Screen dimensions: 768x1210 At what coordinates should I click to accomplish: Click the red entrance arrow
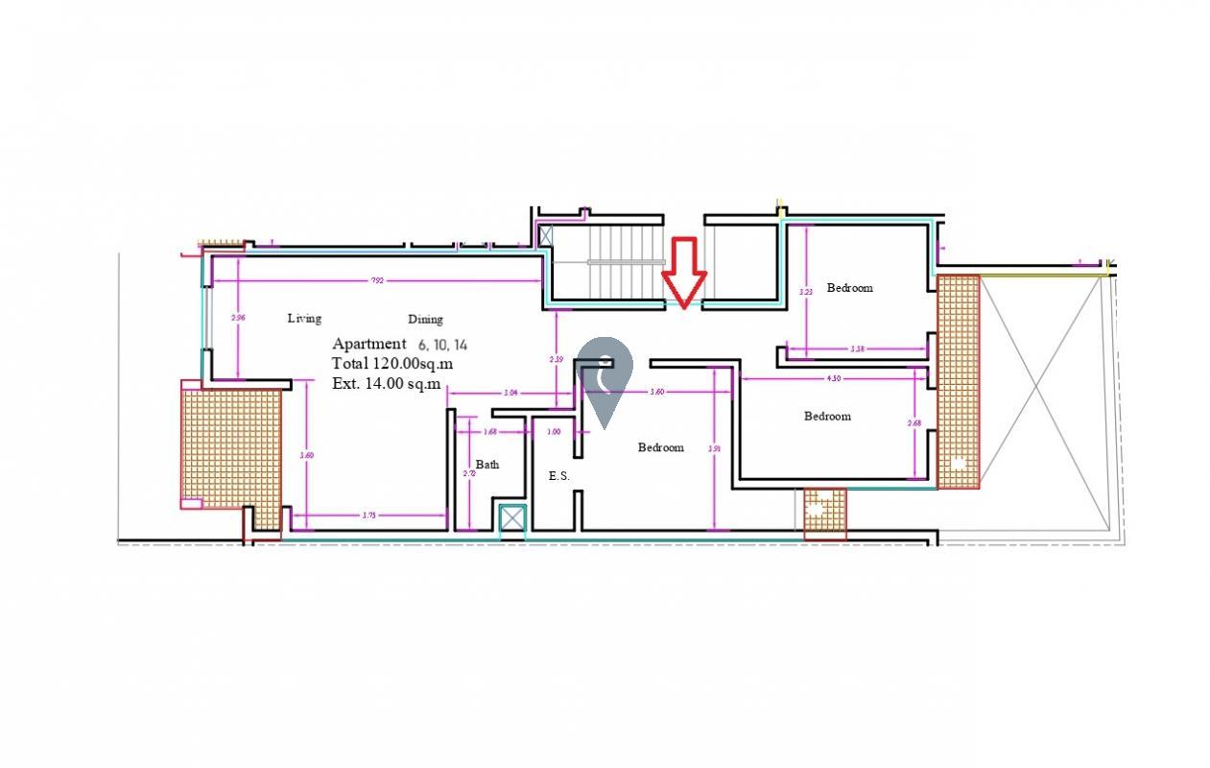(x=683, y=273)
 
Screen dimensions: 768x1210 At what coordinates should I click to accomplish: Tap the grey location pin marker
(x=605, y=378)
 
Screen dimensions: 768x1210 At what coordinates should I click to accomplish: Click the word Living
(x=304, y=318)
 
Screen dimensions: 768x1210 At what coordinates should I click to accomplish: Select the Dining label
(x=425, y=320)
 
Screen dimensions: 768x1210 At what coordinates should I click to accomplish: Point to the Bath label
(x=487, y=465)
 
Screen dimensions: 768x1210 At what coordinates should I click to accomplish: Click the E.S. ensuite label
(x=558, y=475)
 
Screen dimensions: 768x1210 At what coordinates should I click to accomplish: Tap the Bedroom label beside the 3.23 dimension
(x=850, y=287)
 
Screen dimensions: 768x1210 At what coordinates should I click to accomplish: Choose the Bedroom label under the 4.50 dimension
(x=827, y=416)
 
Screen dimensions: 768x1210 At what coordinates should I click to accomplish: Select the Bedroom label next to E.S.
(x=661, y=447)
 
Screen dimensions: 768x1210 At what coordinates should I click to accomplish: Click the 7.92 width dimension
(x=378, y=280)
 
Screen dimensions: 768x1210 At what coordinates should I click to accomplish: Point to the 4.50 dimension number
(x=834, y=378)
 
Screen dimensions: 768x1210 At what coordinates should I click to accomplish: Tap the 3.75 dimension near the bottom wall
(x=368, y=516)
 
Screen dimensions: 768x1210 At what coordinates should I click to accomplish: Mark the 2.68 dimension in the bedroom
(x=914, y=423)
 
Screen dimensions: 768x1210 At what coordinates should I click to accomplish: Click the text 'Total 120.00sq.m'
(x=392, y=364)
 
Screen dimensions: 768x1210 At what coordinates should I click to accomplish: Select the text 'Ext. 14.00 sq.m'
(x=386, y=384)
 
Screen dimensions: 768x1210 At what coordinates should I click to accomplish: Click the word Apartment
(x=369, y=344)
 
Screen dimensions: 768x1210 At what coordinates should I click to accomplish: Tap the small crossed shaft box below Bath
(x=513, y=518)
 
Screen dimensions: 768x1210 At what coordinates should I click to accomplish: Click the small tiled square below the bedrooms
(x=824, y=513)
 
